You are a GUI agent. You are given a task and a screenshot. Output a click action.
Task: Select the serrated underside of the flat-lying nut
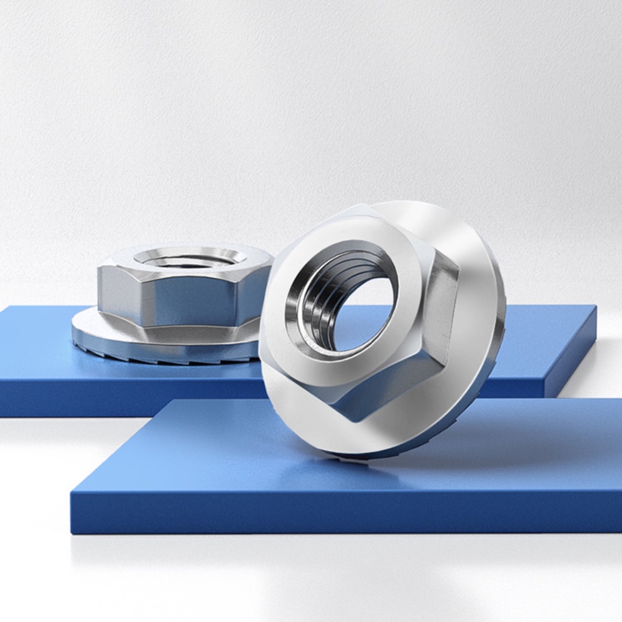click(155, 351)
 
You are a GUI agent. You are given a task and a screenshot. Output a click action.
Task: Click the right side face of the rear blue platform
click(572, 355)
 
